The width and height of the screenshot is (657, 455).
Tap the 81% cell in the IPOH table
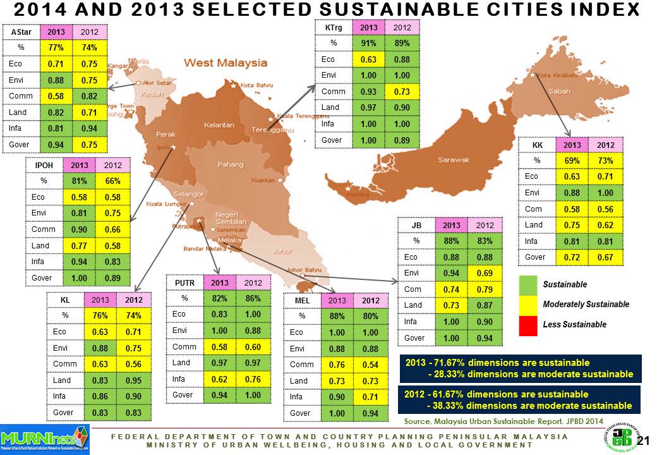(79, 181)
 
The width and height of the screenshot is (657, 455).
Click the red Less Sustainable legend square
(529, 324)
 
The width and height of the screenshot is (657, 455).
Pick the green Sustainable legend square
(529, 284)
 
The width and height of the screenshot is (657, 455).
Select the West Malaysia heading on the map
(225, 63)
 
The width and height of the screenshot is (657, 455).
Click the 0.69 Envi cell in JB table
(484, 273)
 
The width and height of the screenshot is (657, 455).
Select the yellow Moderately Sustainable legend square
(529, 305)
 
